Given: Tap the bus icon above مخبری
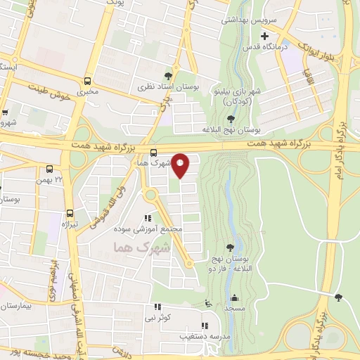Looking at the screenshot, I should pyautogui.click(x=88, y=81).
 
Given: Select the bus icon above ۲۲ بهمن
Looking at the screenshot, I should pyautogui.click(x=49, y=169).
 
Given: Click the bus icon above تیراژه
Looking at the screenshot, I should pyautogui.click(x=70, y=212).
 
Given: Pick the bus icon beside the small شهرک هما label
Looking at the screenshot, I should pyautogui.click(x=153, y=153).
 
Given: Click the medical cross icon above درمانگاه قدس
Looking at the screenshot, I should pyautogui.click(x=264, y=37).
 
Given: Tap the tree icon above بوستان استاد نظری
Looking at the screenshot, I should pyautogui.click(x=168, y=75).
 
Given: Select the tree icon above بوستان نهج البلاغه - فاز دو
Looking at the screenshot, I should pyautogui.click(x=230, y=247).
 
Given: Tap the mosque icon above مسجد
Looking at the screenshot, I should pyautogui.click(x=234, y=297).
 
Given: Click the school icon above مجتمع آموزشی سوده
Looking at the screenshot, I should pyautogui.click(x=147, y=219).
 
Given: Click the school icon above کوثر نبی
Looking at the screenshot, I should pyautogui.click(x=157, y=307).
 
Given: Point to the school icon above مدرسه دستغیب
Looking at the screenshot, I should pyautogui.click(x=204, y=326).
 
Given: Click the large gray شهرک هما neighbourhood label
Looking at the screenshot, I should pyautogui.click(x=141, y=248).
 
